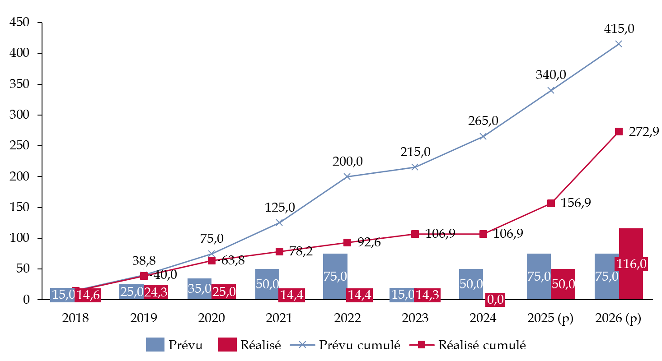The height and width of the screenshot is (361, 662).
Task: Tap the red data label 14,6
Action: tap(88, 295)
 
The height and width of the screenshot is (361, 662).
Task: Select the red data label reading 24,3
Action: tap(155, 292)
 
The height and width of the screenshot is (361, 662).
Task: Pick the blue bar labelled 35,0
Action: tap(199, 289)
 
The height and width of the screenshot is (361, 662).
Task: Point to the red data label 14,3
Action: tap(427, 295)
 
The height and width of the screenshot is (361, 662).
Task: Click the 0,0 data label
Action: tap(495, 300)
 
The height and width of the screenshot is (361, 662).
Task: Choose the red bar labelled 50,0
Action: tap(563, 284)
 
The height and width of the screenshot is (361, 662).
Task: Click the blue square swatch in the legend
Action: tap(155, 344)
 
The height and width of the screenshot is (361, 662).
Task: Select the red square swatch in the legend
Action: tap(227, 344)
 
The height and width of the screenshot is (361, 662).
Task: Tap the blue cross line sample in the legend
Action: tap(302, 345)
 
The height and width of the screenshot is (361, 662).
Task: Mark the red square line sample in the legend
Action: tap(422, 345)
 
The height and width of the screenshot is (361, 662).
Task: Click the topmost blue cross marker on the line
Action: tap(619, 44)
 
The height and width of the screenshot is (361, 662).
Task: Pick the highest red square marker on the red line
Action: tap(619, 131)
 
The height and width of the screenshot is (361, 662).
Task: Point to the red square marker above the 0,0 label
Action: tap(483, 234)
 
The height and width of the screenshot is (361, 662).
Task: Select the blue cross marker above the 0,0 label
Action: tap(483, 136)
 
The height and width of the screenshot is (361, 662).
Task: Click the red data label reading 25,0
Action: tap(224, 292)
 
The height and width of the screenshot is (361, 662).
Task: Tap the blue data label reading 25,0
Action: tap(131, 292)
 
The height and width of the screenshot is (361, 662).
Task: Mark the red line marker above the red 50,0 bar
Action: tap(551, 203)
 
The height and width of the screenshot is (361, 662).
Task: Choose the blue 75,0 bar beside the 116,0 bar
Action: tap(606, 276)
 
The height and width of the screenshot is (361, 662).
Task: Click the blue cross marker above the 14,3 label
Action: tap(415, 167)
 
